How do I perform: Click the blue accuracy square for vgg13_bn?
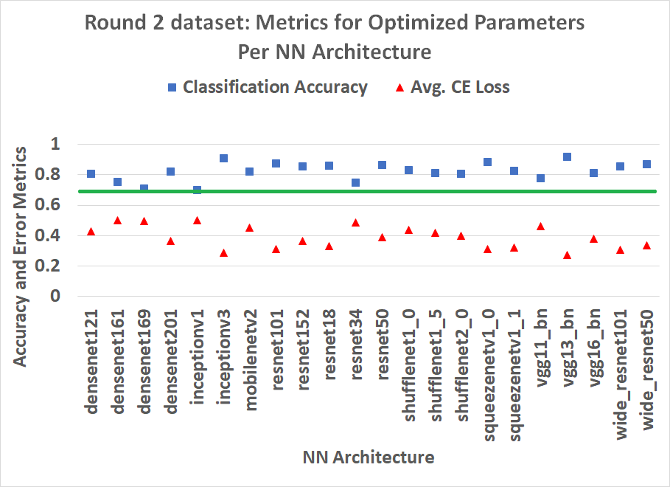567,157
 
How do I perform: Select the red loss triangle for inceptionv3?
223,253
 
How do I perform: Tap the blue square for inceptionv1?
197,190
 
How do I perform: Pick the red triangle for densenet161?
117,221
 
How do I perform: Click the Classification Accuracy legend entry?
267,87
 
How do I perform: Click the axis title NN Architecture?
369,457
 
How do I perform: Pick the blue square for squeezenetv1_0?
487,162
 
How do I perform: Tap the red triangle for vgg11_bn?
540,227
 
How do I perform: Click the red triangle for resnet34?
355,222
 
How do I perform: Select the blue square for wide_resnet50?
646,164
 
